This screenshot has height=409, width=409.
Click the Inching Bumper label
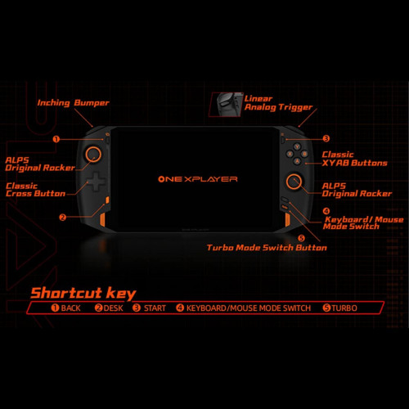tap(73, 103)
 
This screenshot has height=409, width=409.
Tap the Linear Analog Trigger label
tap(278, 103)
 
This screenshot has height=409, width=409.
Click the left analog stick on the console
tap(93, 154)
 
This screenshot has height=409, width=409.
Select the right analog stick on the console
tap(294, 182)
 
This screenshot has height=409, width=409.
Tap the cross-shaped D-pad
tap(96, 182)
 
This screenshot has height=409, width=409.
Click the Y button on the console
tap(297, 147)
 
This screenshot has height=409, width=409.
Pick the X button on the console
tap(290, 154)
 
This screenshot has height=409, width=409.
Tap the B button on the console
tap(304, 154)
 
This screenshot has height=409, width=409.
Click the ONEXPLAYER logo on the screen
tap(198, 179)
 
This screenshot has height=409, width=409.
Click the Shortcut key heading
tap(83, 293)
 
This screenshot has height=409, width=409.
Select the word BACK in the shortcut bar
tap(71, 308)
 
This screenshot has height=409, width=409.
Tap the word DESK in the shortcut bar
tap(113, 308)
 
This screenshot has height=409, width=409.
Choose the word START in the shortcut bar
tap(155, 308)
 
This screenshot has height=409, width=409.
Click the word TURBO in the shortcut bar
tap(344, 308)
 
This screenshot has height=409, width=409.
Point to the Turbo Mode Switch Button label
tap(267, 248)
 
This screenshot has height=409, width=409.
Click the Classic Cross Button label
tap(35, 190)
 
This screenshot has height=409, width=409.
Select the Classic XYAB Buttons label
tap(354, 159)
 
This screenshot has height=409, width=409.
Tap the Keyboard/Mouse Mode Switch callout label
tap(363, 222)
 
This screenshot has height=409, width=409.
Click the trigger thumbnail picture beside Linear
tap(226, 105)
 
